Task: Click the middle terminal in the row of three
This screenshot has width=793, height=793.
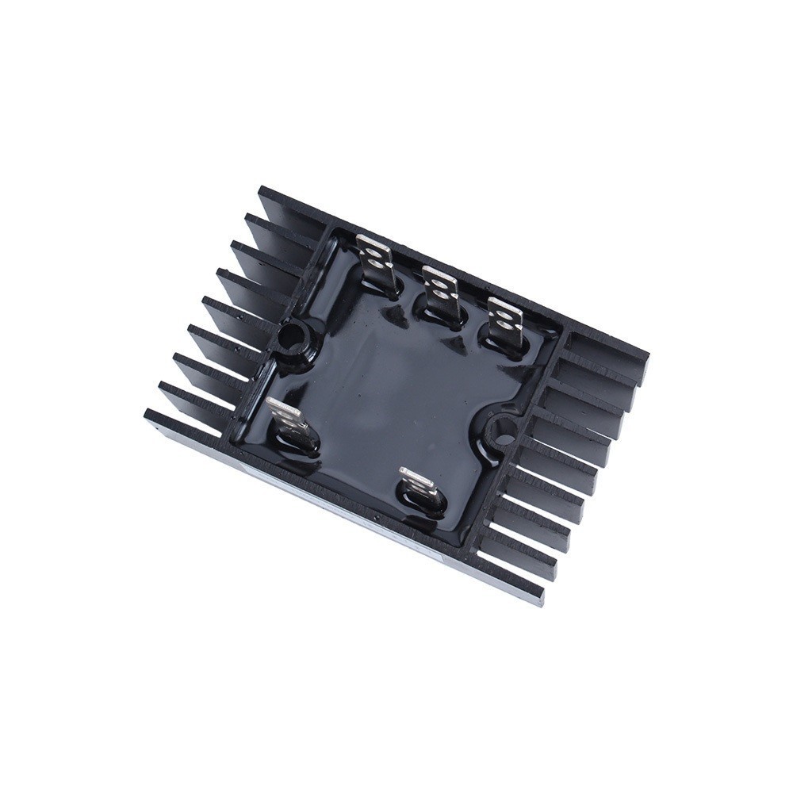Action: pyautogui.click(x=439, y=290)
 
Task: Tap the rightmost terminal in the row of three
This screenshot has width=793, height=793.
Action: pyautogui.click(x=505, y=321)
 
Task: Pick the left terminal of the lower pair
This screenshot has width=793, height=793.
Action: pyautogui.click(x=285, y=419)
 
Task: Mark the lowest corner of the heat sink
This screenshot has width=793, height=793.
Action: pyautogui.click(x=543, y=604)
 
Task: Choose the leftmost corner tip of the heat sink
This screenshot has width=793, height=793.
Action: pyautogui.click(x=145, y=415)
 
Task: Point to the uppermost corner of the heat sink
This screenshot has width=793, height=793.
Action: pyautogui.click(x=262, y=187)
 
